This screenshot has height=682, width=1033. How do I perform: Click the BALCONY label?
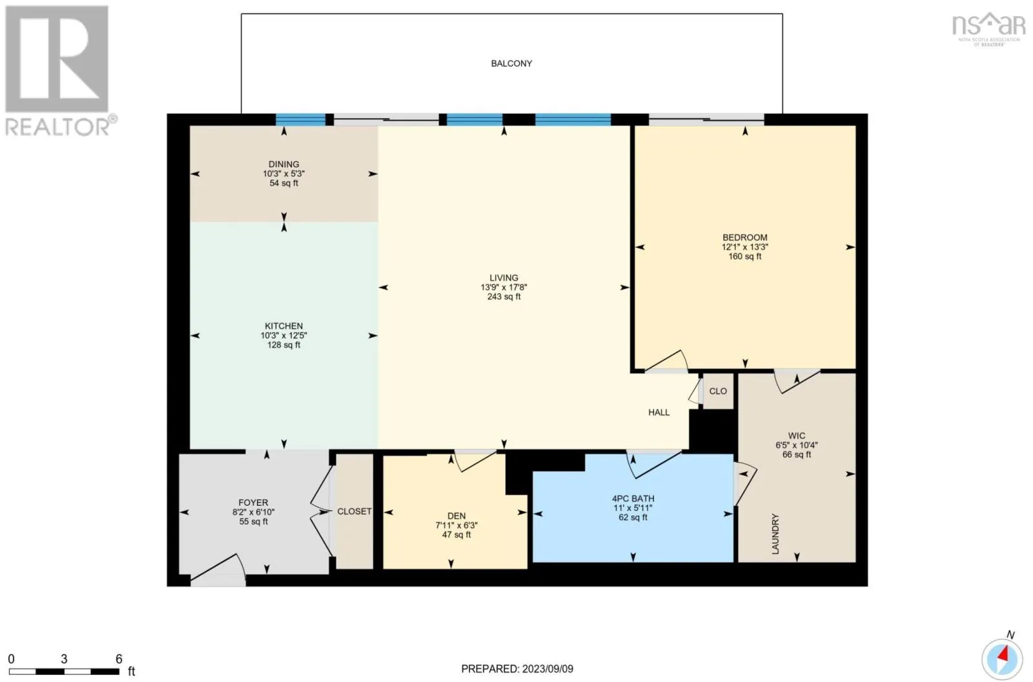pos(511,64)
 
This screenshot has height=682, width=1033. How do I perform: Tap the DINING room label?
pos(283,165)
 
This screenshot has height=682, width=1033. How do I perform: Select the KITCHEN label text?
pos(283,326)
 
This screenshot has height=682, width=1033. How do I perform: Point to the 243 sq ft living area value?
pos(504,297)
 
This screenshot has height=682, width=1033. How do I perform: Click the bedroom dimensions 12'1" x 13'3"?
pos(745,247)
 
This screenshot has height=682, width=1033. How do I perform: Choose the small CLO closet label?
pos(718,391)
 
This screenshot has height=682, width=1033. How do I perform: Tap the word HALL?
pos(659,412)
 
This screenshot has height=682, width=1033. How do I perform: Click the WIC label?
pos(797,436)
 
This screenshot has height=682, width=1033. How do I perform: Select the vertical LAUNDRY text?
pos(775,534)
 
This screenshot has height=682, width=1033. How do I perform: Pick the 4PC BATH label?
pos(633,499)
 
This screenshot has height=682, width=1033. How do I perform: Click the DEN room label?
pos(456,516)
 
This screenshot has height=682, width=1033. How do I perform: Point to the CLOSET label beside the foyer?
pos(354,512)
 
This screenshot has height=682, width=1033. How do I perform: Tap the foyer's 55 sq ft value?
pos(253,521)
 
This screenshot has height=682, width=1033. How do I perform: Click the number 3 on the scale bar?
pos(64,659)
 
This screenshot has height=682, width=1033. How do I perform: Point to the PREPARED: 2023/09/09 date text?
pos(517,668)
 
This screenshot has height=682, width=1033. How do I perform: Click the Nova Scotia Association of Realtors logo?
pos(989,30)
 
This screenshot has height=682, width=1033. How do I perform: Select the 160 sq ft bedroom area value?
pos(745,257)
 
